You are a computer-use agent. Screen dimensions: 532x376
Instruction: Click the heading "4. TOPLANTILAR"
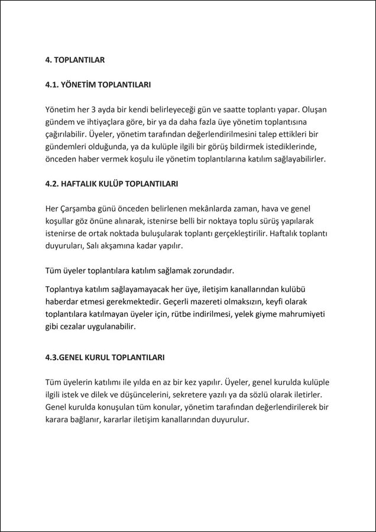(75, 60)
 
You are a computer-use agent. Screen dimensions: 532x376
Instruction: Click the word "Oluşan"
(314, 109)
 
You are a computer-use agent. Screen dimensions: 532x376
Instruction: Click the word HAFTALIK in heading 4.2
(80, 184)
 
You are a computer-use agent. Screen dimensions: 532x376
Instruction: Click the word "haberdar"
(62, 301)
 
